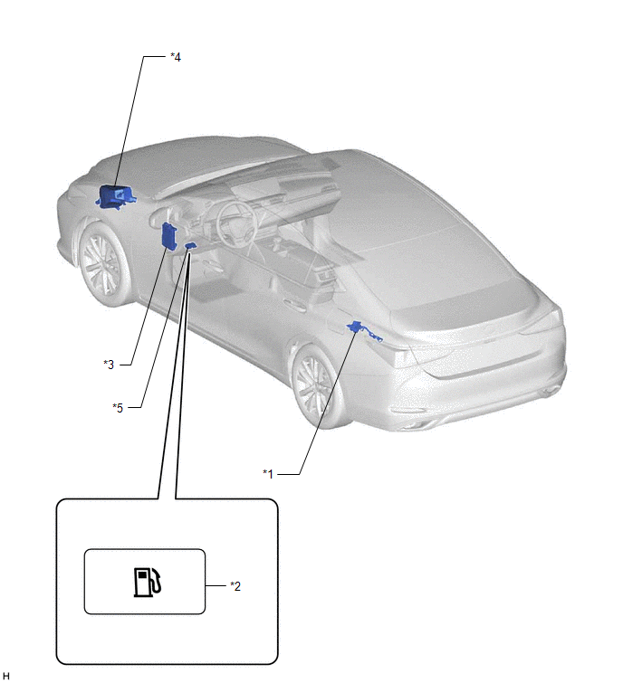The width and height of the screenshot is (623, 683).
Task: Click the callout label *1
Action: (268, 473)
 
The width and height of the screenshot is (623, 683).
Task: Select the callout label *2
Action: (235, 586)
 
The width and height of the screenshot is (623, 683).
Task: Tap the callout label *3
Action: (109, 365)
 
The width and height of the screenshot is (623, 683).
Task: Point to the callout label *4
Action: (176, 57)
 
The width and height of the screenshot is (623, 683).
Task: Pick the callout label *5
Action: (118, 408)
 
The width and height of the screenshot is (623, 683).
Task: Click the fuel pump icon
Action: (148, 582)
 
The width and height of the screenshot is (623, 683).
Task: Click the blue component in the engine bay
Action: (115, 197)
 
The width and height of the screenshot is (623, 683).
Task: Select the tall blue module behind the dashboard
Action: (170, 236)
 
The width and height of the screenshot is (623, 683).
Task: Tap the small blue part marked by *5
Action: (190, 247)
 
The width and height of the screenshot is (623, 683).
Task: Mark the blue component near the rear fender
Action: (363, 330)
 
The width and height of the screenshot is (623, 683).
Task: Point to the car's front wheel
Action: (103, 264)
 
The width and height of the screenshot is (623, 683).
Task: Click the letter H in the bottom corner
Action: (5, 676)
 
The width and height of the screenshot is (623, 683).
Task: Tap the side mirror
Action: (164, 216)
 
